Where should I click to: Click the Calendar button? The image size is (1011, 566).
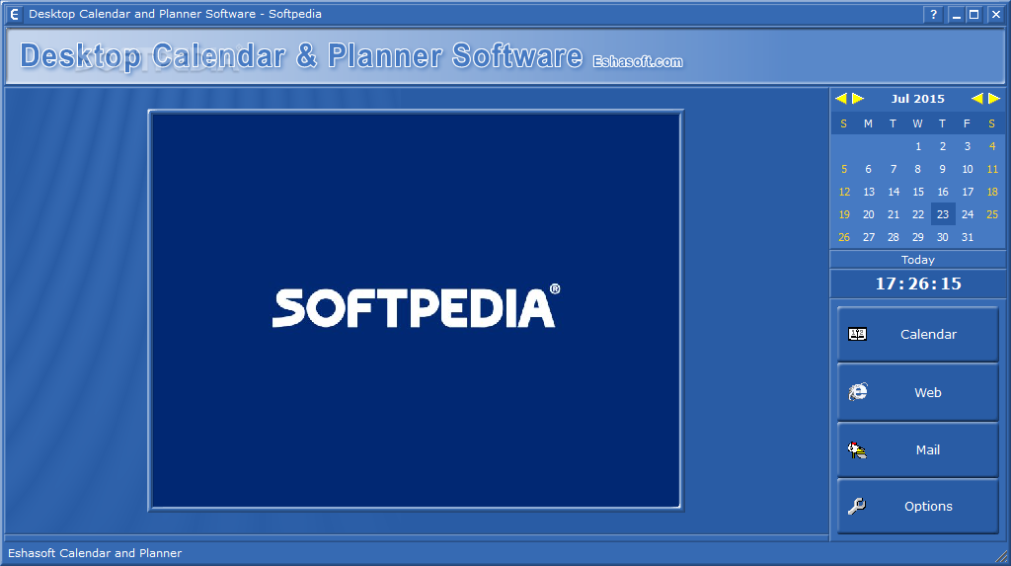tap(917, 334)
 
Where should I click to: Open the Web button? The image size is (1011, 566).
tap(917, 392)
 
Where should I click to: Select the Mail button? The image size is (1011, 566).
tap(917, 449)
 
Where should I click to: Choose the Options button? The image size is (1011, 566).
tap(917, 506)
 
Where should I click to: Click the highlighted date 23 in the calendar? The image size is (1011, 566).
tap(943, 214)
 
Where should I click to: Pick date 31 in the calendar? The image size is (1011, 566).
tap(968, 237)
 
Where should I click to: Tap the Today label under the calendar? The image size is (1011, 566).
tap(917, 260)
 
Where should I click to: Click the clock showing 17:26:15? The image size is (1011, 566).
tap(918, 283)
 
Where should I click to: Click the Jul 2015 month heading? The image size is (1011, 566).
tap(917, 99)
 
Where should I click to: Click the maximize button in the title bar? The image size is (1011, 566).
tap(974, 14)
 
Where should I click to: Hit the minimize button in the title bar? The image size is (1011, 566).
tap(956, 14)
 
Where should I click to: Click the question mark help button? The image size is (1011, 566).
tap(933, 14)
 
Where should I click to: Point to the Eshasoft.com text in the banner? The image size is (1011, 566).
tap(638, 61)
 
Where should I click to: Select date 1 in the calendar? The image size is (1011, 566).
tap(918, 146)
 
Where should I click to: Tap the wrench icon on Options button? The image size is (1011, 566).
tap(857, 506)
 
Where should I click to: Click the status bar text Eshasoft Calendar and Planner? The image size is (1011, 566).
tap(95, 553)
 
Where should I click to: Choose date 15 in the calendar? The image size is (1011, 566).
tap(918, 192)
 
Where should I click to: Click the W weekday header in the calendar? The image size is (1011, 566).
tap(917, 123)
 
